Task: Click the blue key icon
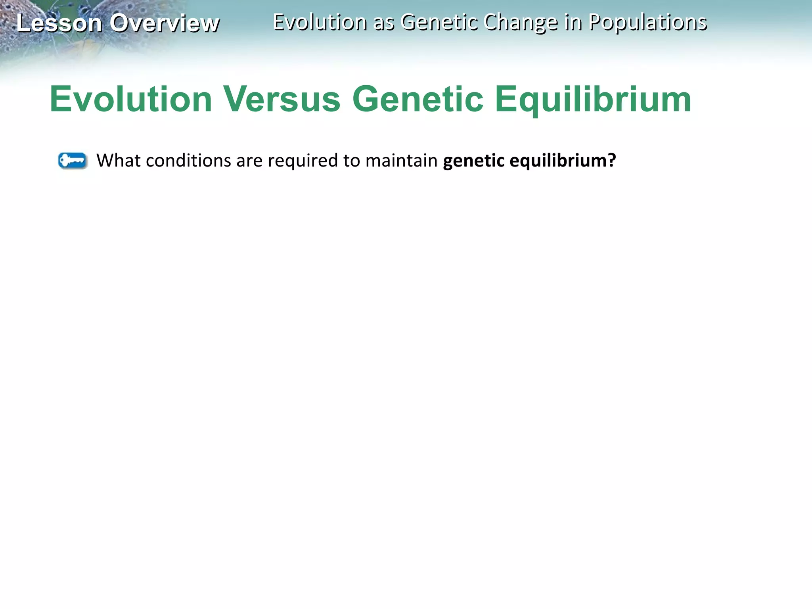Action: (x=73, y=161)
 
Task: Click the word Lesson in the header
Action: (x=59, y=23)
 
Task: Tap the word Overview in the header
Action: (x=165, y=23)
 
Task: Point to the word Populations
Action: (x=647, y=22)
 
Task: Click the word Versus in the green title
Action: (x=282, y=99)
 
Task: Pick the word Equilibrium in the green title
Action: (x=593, y=99)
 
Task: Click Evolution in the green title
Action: (x=131, y=99)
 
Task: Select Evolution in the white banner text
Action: (x=320, y=22)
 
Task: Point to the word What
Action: (x=119, y=161)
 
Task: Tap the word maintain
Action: (x=401, y=161)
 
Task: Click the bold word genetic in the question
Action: (x=474, y=161)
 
